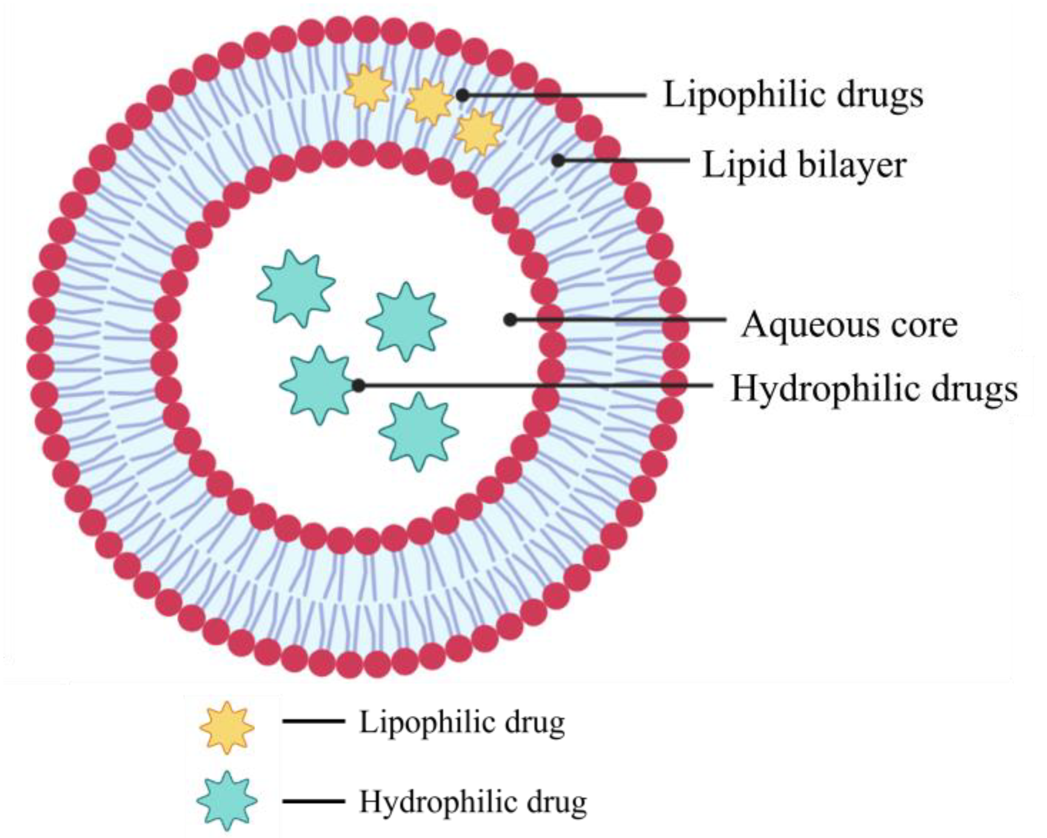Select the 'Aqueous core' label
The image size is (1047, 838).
tap(849, 325)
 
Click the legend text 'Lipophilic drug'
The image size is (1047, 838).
tap(462, 723)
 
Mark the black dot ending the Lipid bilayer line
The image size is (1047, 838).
tap(558, 160)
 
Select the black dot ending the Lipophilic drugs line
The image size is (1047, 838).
tap(462, 95)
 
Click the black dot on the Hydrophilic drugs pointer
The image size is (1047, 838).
tap(358, 386)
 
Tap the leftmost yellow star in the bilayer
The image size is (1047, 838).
tap(368, 87)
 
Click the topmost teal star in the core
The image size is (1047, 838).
tap(296, 289)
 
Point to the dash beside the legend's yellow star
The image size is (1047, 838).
tap(313, 722)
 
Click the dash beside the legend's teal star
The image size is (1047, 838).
tap(313, 801)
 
